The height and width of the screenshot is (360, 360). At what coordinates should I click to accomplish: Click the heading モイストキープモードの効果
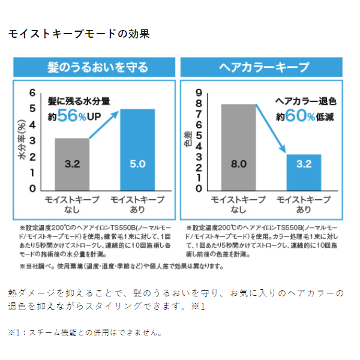pos(79,34)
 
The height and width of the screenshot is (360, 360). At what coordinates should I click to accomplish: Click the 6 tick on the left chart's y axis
pos(33,93)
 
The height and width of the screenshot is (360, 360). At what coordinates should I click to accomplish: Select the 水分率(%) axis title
pos(21,142)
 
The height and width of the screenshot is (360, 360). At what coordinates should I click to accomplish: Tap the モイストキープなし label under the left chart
pos(72,204)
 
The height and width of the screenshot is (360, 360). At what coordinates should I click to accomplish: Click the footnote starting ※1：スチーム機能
pos(85,332)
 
